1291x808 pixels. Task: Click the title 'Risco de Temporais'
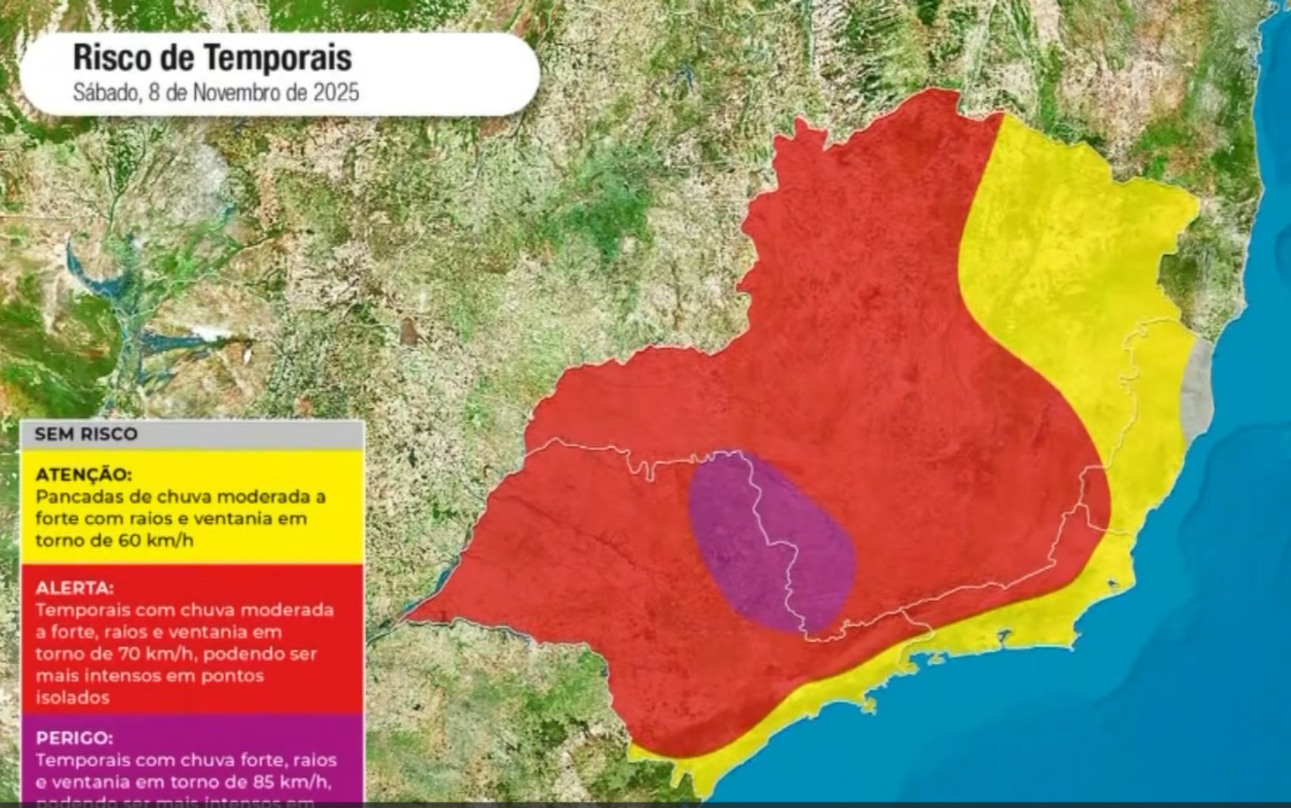coord(212,58)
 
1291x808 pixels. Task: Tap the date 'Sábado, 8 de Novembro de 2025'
coord(216,93)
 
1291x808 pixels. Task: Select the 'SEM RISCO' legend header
coord(86,434)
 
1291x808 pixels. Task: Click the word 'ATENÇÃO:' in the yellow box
coord(83,474)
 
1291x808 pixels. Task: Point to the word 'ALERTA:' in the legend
coord(74,587)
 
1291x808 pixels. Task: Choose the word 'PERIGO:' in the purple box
coord(74,737)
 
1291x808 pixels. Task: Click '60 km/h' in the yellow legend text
coord(155,540)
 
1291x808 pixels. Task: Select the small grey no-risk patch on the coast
coord(1197,395)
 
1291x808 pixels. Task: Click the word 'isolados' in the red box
coord(72,697)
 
